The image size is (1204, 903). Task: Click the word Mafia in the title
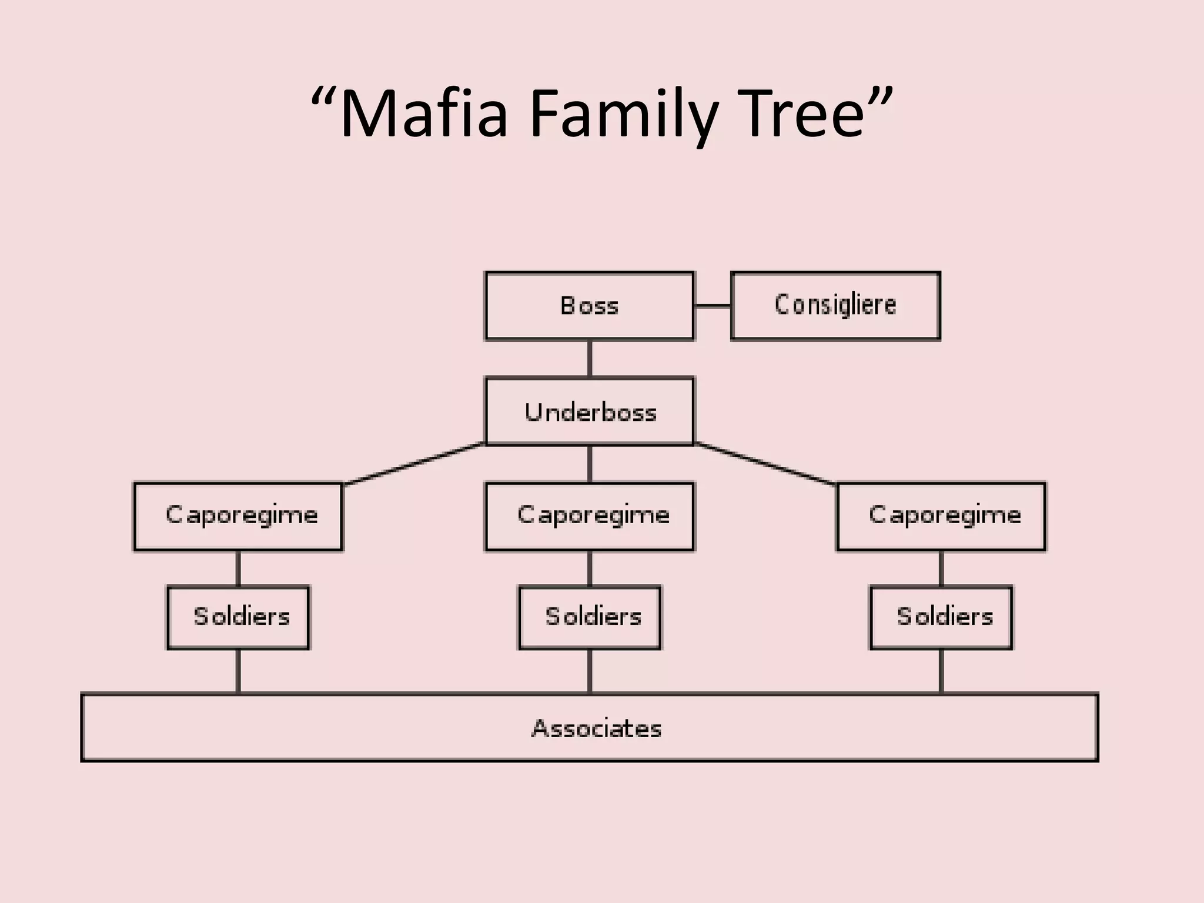coord(423,113)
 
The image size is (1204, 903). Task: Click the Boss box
coord(589,306)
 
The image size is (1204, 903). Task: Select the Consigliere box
coord(835,306)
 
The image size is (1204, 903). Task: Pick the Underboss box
coord(590,412)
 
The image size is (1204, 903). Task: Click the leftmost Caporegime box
coord(238,516)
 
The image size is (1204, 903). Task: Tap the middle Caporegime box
coord(590,516)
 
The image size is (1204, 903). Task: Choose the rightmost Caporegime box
coord(941,516)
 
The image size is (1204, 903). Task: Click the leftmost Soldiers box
coord(238,617)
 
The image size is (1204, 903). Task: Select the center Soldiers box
coord(590,617)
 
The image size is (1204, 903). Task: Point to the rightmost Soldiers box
coord(941,617)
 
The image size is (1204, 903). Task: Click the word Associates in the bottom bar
coord(596,728)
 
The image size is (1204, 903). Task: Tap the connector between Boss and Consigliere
coord(713,306)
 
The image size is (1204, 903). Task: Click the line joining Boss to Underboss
coord(590,359)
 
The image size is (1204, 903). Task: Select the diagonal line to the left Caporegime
coord(414,464)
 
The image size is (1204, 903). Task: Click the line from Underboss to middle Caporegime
coord(590,464)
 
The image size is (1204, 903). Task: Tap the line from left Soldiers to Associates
coord(238,671)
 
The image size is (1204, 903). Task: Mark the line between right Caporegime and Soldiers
coord(941,568)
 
